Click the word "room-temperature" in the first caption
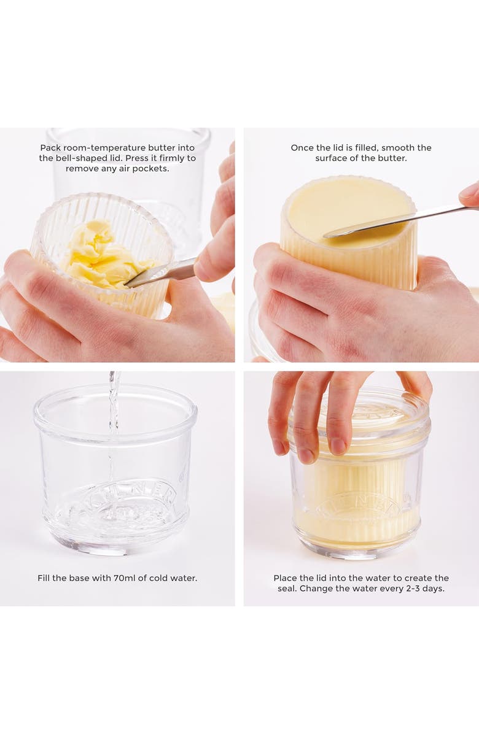[101, 148]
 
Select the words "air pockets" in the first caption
[142, 169]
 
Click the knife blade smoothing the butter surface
[368, 224]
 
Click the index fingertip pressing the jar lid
[306, 453]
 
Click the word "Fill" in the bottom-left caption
[45, 578]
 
